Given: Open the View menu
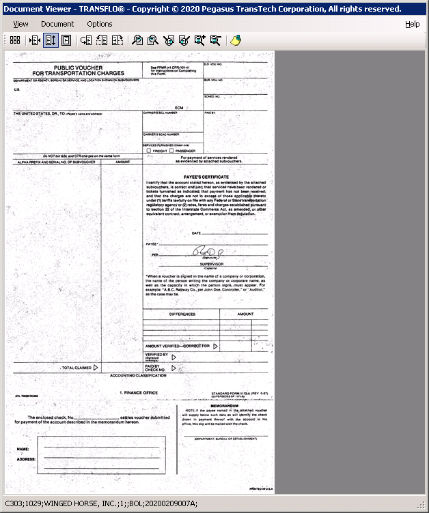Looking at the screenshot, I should click(20, 24).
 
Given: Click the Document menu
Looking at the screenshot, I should click(57, 24).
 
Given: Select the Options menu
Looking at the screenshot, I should click(100, 24).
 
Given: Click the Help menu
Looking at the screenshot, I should click(412, 24).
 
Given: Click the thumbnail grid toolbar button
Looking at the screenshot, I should click(14, 40).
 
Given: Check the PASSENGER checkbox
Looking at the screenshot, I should click(171, 151).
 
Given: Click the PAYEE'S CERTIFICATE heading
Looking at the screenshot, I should click(206, 177).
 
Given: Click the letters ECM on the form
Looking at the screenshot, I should click(180, 108).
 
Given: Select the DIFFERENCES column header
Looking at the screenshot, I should click(182, 314).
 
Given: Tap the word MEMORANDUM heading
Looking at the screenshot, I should click(224, 405).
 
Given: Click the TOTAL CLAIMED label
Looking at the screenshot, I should click(76, 368).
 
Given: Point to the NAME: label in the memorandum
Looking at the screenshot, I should click(23, 449).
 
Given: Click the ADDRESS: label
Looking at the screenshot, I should click(27, 459).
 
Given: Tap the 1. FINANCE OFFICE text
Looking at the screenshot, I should click(139, 393).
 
